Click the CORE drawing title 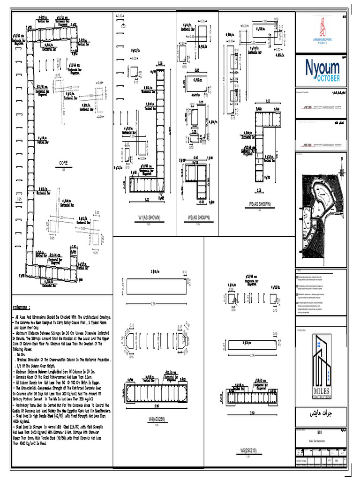[63, 163]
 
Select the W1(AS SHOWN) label [148, 217]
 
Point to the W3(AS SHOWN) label [259, 204]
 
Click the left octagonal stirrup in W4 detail [131, 337]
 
